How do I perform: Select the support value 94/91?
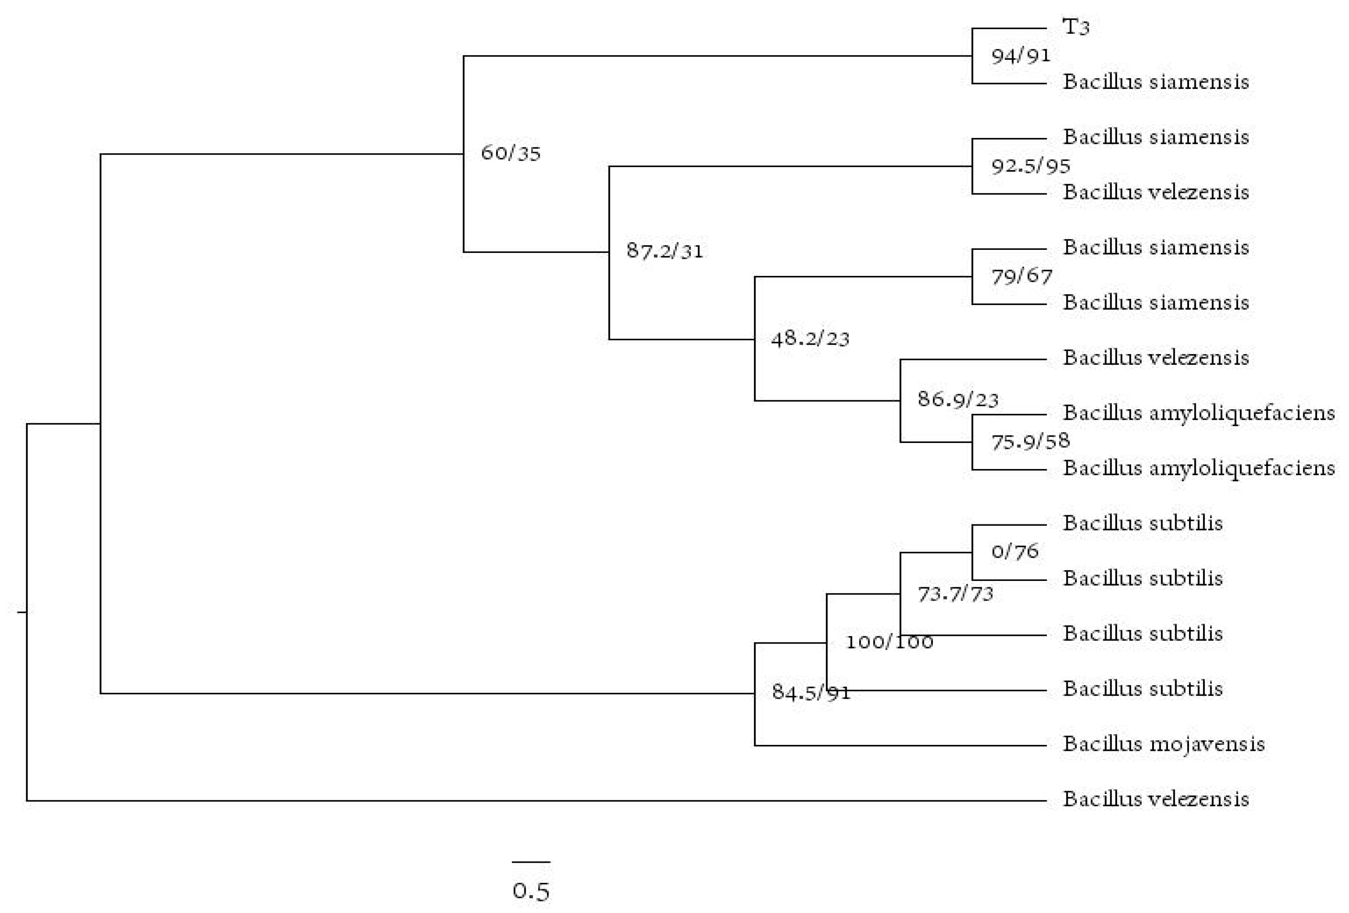point(1021,56)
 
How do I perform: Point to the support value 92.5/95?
point(1030,167)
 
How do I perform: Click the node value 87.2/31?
point(665,251)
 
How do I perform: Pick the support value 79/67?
point(1021,276)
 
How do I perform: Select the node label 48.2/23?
point(810,338)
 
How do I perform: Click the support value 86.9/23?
point(958,399)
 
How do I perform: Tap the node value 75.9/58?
point(1030,442)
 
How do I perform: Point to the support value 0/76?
point(1015,551)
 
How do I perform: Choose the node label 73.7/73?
point(955,594)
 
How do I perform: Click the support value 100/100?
point(889,642)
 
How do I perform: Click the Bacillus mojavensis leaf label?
point(1163,744)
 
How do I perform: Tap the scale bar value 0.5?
point(531,891)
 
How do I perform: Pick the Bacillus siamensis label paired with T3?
point(1156,82)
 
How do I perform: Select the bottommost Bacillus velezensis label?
point(1156,799)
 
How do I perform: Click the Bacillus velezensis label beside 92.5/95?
point(1156,192)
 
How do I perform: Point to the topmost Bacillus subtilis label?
point(1142,523)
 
